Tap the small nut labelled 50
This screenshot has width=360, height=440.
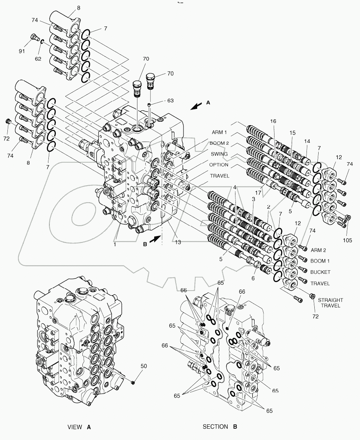coord(133,382)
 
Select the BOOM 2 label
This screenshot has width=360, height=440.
coord(219,143)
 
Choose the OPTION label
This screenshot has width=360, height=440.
coord(219,165)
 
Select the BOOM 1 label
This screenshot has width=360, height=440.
coord(319,261)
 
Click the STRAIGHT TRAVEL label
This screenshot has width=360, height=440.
coord(330,303)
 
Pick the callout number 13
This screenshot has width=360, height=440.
coord(178,242)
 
